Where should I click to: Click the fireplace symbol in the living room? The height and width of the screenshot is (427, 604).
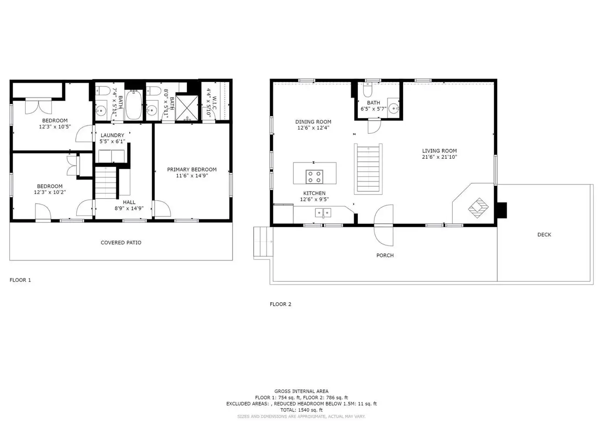[x=478, y=208]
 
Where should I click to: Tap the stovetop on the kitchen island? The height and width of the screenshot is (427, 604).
[x=314, y=177]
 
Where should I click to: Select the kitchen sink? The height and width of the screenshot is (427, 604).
[x=323, y=213]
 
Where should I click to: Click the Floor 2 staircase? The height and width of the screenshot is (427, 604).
[x=368, y=169]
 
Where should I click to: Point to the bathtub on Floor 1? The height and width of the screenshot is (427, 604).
[x=134, y=105]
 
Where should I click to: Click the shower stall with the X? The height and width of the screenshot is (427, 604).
[x=187, y=108]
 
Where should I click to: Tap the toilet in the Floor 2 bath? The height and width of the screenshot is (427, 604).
[x=367, y=89]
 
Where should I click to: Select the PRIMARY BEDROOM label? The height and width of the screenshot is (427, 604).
[x=192, y=170]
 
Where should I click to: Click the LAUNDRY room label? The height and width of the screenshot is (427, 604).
[x=112, y=135]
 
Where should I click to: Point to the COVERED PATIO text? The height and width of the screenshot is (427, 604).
[x=121, y=243]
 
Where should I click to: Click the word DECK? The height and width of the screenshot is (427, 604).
[x=544, y=235]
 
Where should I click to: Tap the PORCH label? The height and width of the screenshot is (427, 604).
[x=385, y=255]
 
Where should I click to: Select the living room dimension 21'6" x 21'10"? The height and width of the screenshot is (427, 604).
[x=439, y=157]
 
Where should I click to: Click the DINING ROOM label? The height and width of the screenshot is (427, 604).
[x=313, y=122]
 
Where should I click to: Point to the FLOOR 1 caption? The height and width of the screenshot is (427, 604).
[x=20, y=280]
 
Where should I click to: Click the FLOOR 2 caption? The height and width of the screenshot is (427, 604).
[x=281, y=304]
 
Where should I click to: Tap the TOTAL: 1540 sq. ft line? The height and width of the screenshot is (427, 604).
[x=301, y=410]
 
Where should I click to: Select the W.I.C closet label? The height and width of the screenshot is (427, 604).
[x=214, y=103]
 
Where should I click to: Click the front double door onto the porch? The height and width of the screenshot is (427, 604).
[x=383, y=225]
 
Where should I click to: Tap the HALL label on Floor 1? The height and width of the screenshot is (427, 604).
[x=129, y=202]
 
